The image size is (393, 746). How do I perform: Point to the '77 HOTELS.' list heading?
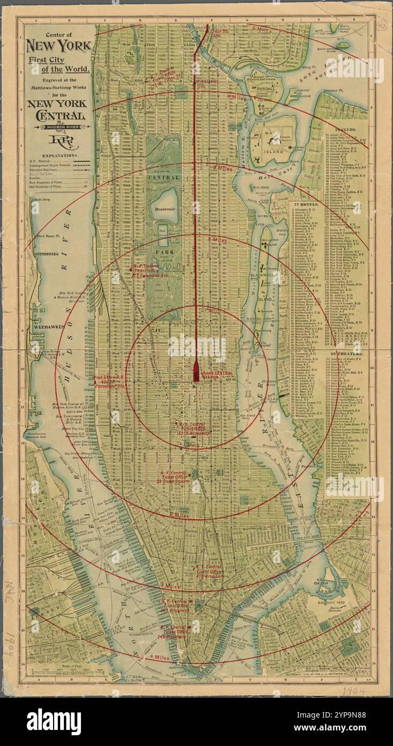(306, 204)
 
